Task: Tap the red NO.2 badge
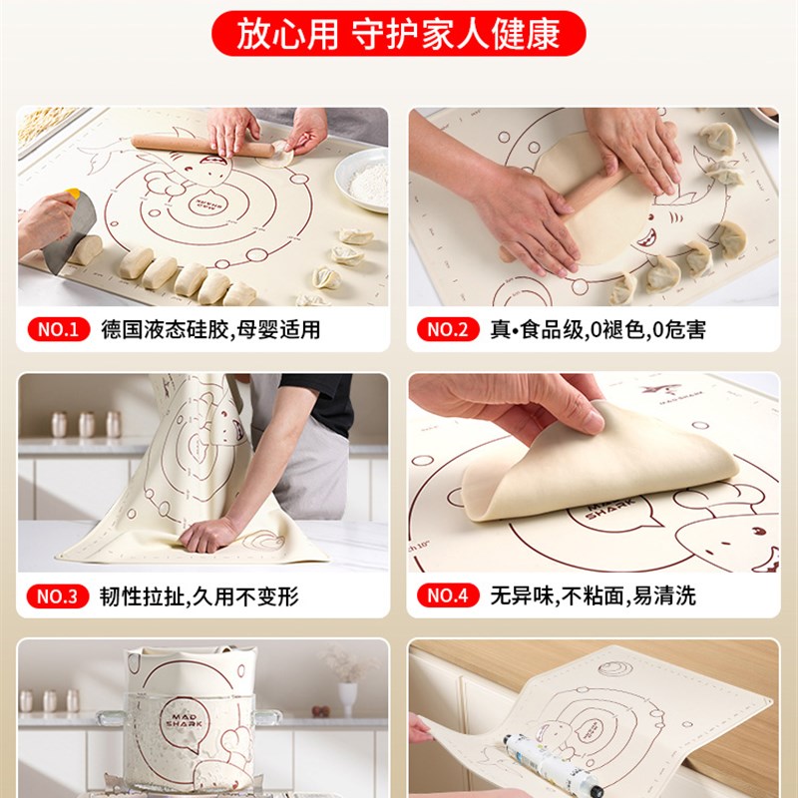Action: click(x=448, y=329)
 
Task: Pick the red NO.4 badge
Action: click(x=448, y=597)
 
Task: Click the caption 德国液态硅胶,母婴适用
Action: click(x=210, y=329)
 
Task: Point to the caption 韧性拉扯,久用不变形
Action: click(x=199, y=597)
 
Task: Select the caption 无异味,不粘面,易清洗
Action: click(x=593, y=597)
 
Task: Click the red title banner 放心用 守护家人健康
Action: click(x=398, y=34)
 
